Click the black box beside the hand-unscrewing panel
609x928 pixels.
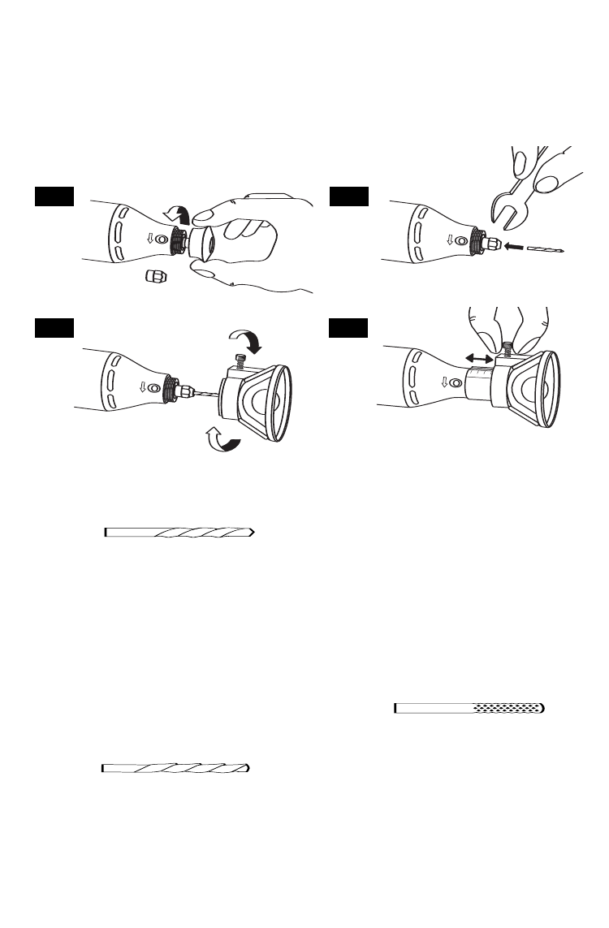(x=54, y=196)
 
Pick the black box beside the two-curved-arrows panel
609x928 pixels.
(x=54, y=327)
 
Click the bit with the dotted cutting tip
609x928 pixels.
(x=469, y=708)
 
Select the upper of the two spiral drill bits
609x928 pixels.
(x=180, y=533)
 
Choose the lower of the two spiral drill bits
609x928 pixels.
(x=175, y=767)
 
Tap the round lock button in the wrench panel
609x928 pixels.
(x=461, y=241)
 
